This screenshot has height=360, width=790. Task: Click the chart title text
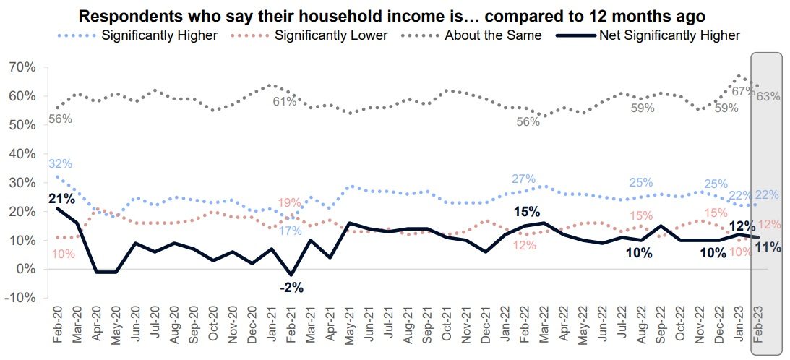click(x=391, y=16)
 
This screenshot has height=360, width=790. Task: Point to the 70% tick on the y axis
click(x=22, y=67)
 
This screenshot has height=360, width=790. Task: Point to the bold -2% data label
click(x=292, y=287)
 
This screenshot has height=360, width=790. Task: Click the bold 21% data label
click(x=61, y=198)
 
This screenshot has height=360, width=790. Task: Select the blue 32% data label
click(x=61, y=164)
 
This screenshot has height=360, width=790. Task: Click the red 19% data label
click(x=291, y=203)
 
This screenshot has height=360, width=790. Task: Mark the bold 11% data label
click(x=768, y=247)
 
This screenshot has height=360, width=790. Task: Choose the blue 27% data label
click(x=523, y=179)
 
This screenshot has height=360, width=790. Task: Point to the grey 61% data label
click(x=285, y=102)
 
